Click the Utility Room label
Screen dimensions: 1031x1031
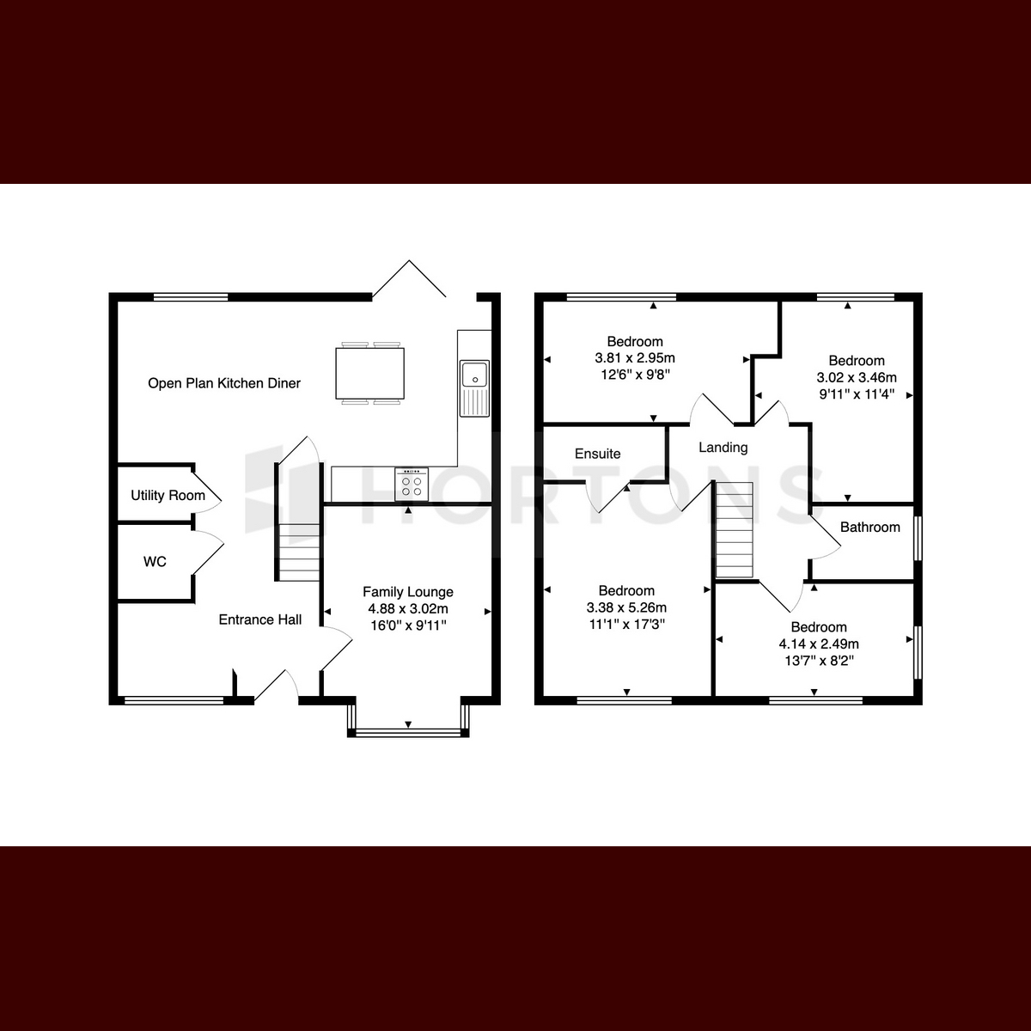(168, 496)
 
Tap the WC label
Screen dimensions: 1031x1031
(155, 561)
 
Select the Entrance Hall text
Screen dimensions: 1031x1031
(260, 619)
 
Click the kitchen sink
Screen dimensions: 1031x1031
(474, 388)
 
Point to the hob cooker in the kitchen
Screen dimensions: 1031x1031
(412, 485)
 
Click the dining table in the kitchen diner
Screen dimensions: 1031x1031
(369, 373)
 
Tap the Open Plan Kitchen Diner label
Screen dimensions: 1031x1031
(224, 383)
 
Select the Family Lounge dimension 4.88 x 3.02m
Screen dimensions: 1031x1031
(408, 608)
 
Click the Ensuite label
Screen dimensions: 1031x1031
(598, 454)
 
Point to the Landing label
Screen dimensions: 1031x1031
(723, 448)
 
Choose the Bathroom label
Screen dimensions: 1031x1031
(870, 527)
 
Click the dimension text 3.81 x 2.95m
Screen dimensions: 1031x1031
(635, 357)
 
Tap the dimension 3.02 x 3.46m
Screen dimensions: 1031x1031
(857, 377)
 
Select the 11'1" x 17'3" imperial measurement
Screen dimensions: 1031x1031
(626, 624)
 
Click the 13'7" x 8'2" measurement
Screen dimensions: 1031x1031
(819, 660)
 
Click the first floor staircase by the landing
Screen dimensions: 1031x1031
(735, 530)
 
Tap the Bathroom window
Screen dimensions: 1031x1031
(918, 538)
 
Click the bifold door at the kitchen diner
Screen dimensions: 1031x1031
(409, 278)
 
